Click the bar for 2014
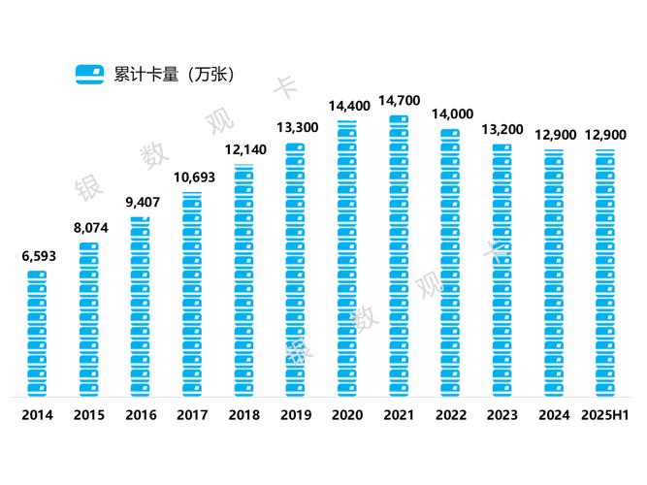37,334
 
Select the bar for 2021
399,256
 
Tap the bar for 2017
192,295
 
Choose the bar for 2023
501,271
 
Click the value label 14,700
399,100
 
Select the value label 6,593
37,256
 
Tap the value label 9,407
141,203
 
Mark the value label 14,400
347,105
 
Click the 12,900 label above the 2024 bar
554,134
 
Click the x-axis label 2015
89,415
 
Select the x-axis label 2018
243,415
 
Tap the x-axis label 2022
450,415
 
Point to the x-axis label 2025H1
605,415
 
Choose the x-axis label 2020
347,415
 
